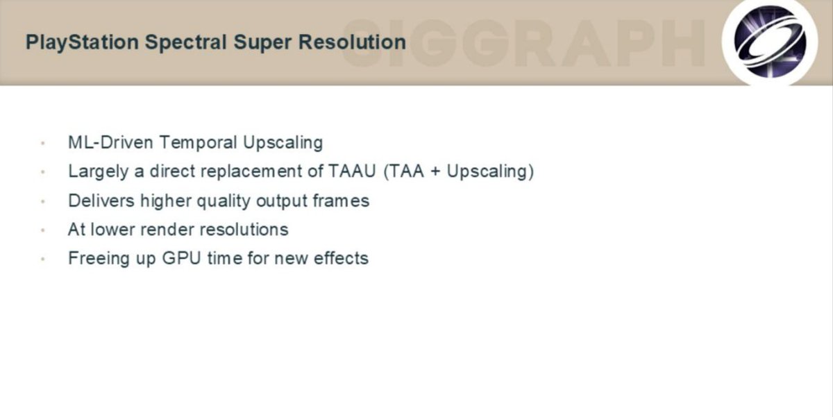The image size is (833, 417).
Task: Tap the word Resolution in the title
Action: [x=352, y=42]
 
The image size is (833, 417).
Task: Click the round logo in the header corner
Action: [x=770, y=42]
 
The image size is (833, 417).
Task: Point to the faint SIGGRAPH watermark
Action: [x=523, y=44]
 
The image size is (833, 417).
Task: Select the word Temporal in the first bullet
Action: [x=199, y=143]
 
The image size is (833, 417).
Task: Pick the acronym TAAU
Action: [x=352, y=171]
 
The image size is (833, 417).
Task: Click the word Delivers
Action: [x=101, y=201]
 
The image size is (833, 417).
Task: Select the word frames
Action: [x=341, y=201]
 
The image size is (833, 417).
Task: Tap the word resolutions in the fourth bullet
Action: [x=244, y=230]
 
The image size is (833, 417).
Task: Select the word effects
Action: [x=341, y=258]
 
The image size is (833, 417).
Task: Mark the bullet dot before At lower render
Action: [x=43, y=230]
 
